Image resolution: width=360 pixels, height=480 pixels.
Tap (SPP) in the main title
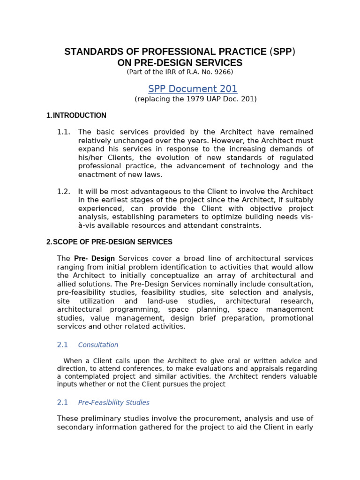283,52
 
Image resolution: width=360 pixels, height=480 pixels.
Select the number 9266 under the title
222,72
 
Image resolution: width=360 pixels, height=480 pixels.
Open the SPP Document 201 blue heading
193,89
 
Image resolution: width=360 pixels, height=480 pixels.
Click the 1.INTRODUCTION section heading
76,115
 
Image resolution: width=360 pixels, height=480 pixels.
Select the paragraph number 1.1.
64,132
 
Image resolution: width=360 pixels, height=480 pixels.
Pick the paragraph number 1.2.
64,191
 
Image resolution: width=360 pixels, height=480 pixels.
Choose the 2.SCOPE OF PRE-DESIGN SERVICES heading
109,242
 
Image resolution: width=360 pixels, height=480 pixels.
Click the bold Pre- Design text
94,259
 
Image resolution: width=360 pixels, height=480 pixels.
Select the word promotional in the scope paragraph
292,318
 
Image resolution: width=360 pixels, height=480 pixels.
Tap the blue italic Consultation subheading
98,345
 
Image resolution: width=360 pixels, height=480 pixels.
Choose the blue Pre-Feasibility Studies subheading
113,403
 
